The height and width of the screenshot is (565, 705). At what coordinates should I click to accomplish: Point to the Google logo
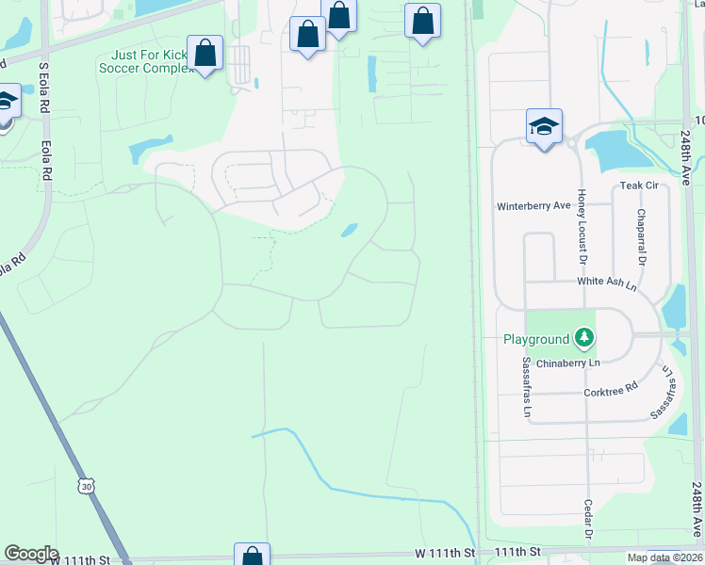tap(31, 554)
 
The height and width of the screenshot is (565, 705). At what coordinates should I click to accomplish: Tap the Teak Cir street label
tap(637, 186)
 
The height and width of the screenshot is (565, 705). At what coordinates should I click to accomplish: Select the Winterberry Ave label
tap(533, 205)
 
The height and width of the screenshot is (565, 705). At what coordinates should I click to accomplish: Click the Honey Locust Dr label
tap(582, 226)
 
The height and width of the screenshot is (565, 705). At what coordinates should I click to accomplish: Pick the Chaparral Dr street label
tap(641, 236)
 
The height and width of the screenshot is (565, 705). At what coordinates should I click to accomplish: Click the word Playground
tap(536, 339)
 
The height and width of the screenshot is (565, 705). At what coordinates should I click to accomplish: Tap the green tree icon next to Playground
tap(584, 337)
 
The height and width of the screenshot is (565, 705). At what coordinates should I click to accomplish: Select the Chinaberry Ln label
tap(568, 363)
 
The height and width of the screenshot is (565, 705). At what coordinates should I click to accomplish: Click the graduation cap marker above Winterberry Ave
tap(543, 127)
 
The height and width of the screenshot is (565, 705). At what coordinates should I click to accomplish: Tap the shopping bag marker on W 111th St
tap(253, 556)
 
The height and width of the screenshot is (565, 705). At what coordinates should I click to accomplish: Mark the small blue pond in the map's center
tap(349, 229)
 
